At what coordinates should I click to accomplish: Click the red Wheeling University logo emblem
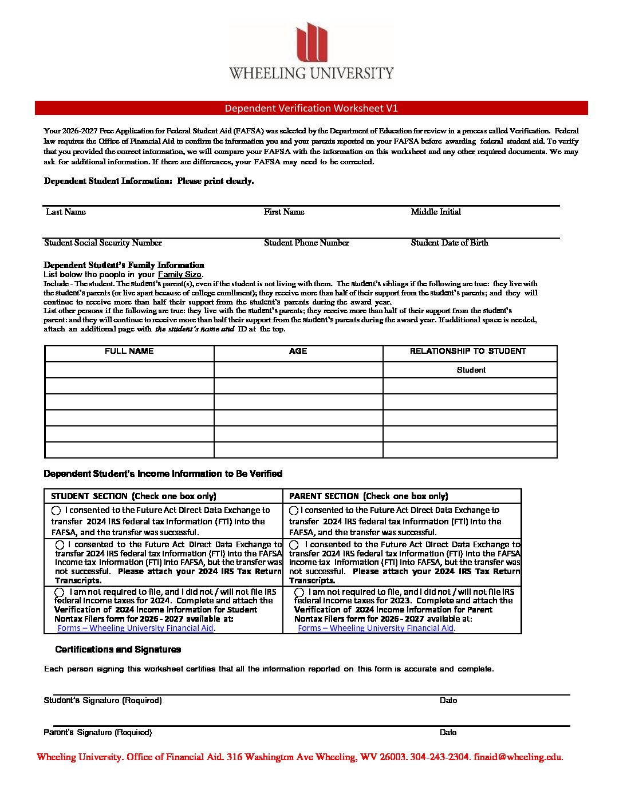point(311,42)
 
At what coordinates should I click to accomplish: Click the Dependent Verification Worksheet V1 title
point(311,108)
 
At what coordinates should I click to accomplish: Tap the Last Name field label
point(66,212)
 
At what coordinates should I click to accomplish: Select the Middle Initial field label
point(435,212)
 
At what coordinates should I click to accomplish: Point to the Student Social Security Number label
point(103,243)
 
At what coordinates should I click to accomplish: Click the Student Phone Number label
point(306,243)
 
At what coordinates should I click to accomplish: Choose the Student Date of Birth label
point(449,243)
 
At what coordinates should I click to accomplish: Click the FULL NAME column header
point(129,351)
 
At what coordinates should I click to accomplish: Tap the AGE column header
point(298,351)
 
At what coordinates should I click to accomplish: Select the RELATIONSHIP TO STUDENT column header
point(468,351)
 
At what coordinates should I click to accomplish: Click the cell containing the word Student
point(471,370)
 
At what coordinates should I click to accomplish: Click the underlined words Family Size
point(179,275)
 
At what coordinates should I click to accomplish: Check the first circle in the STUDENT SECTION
point(56,510)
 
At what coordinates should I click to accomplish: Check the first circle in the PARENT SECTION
point(294,510)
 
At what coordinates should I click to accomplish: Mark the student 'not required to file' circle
point(60,592)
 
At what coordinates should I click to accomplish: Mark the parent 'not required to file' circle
point(299,592)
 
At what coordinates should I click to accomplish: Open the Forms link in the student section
point(135,628)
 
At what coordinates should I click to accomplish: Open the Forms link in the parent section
point(376,628)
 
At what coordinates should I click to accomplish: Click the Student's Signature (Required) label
point(102,701)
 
